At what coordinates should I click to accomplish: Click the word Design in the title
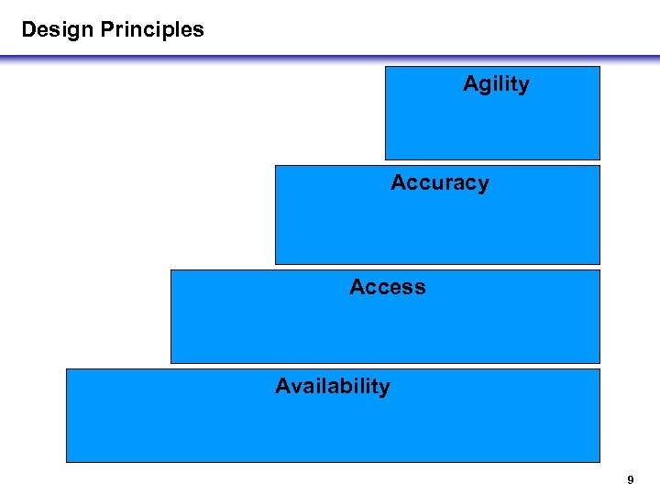[x=58, y=29]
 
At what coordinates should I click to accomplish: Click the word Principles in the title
[x=152, y=29]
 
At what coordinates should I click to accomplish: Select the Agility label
[x=496, y=84]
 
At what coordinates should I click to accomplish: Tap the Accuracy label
[x=439, y=183]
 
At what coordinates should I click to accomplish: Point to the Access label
[x=387, y=287]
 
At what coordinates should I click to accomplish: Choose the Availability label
[x=332, y=387]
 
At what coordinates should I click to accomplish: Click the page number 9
[x=630, y=479]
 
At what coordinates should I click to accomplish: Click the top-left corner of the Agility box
[x=386, y=67]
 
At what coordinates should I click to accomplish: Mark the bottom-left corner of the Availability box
[x=67, y=461]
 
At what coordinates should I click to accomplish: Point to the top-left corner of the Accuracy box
[x=276, y=166]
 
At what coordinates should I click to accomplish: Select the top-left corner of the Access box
[x=171, y=270]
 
